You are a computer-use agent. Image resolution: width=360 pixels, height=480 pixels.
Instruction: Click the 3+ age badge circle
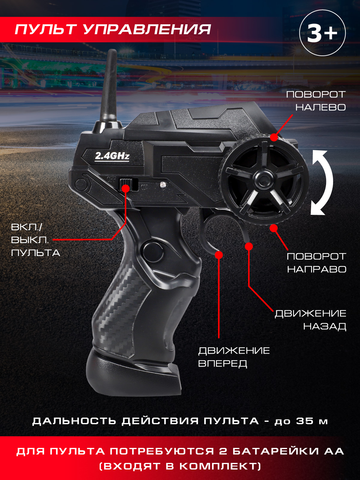click(322, 33)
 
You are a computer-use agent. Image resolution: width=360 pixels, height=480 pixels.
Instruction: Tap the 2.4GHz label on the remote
click(112, 156)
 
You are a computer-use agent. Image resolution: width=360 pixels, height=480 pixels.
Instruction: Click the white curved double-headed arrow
click(322, 183)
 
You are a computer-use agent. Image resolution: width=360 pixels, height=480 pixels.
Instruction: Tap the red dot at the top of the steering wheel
click(274, 137)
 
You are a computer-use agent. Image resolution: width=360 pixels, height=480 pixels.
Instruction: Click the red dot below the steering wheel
click(274, 228)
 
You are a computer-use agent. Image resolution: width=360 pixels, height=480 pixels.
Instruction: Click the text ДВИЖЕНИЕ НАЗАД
click(310, 320)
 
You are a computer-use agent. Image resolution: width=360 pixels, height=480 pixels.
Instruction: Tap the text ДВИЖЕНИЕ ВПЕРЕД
click(234, 357)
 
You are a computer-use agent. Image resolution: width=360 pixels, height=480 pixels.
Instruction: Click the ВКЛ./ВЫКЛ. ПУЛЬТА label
click(34, 240)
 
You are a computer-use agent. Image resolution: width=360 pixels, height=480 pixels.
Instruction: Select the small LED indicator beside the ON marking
click(163, 184)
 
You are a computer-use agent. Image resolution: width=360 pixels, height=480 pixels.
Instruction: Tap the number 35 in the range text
click(305, 421)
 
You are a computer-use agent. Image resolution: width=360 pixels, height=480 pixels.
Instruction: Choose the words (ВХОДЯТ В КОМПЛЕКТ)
click(180, 466)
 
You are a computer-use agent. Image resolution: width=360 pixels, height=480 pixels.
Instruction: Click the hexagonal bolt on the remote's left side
click(81, 184)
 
